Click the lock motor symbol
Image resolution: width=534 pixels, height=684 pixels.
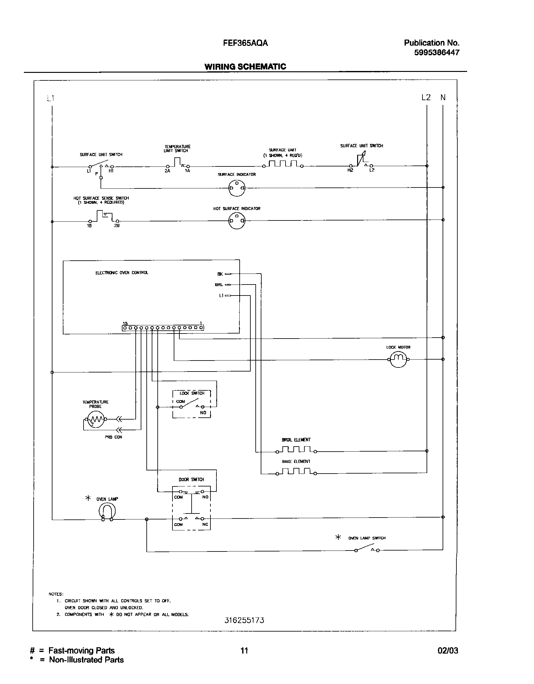click(x=398, y=359)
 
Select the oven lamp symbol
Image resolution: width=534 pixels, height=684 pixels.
click(x=107, y=512)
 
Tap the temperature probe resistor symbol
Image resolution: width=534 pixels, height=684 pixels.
click(x=95, y=419)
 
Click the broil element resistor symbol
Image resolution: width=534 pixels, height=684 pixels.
click(x=296, y=450)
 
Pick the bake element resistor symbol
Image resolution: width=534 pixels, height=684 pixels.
click(x=296, y=471)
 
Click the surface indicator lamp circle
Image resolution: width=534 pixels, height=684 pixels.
click(x=237, y=188)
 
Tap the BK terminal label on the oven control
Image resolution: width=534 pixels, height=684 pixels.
click(x=220, y=274)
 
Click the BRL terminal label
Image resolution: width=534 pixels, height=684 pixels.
click(x=219, y=285)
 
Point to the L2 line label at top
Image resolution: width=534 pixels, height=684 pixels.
click(x=426, y=98)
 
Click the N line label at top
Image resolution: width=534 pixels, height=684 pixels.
click(x=443, y=98)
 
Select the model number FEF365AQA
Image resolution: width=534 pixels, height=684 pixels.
click(x=245, y=43)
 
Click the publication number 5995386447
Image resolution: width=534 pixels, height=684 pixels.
click(x=436, y=53)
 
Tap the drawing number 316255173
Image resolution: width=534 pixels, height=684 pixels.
click(x=244, y=621)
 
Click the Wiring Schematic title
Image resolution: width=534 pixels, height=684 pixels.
click(x=245, y=67)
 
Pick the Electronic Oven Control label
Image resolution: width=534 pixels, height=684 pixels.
click(x=122, y=273)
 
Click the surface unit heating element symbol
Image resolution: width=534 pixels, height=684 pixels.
click(x=283, y=164)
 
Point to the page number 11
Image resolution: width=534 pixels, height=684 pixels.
click(x=244, y=650)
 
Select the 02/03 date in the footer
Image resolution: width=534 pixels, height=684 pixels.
click(x=448, y=650)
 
